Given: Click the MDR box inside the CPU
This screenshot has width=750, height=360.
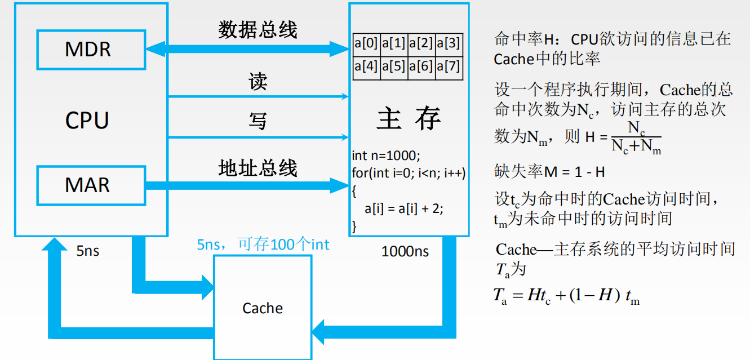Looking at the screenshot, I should coord(91,49).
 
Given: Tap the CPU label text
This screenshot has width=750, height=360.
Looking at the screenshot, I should coord(87,120).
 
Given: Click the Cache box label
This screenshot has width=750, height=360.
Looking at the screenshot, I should coord(263,308).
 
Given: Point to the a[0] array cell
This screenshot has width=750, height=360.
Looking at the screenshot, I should coord(366,43).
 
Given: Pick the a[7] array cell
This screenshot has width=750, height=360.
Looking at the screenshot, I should coord(449,66).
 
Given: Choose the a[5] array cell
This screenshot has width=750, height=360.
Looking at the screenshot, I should coord(393,66).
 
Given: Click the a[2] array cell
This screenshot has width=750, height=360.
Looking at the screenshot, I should coord(421,43).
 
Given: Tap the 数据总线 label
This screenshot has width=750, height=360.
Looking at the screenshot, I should coord(258,30).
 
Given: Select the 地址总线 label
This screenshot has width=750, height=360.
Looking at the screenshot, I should coord(258,168).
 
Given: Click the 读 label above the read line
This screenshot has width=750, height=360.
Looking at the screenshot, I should coord(258,82).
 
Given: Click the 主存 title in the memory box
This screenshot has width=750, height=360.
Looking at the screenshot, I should coord(409,119).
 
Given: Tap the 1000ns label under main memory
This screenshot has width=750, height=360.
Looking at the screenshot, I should coord(405,251).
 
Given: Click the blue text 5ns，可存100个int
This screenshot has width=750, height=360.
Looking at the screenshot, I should coord(263,244).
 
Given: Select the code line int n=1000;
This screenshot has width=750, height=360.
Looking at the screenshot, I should coord(386,155).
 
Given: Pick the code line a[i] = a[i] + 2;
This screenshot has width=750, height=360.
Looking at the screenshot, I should coord(404,208).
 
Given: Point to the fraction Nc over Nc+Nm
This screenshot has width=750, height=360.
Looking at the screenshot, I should coord(636,138).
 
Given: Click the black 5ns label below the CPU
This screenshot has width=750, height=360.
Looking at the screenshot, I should coord(88,251).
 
